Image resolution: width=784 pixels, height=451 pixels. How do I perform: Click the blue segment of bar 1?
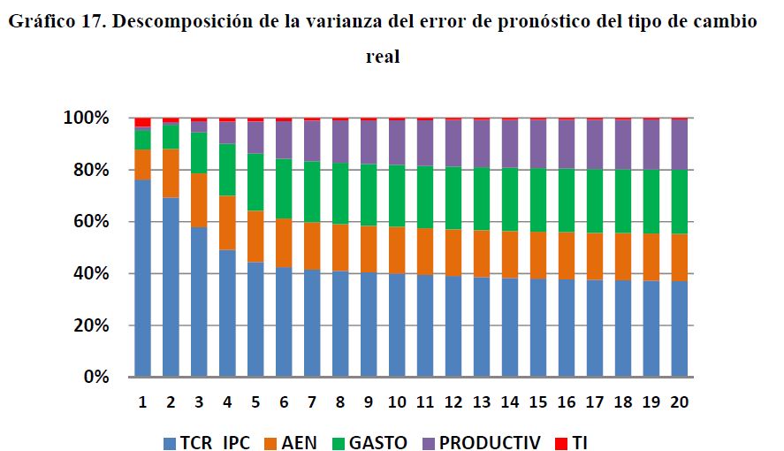[141, 279]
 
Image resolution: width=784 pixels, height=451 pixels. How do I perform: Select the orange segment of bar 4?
[227, 222]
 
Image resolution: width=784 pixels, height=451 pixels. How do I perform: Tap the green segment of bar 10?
[398, 195]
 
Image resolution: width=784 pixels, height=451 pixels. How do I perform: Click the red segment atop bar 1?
[141, 122]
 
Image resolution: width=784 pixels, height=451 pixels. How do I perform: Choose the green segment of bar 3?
[199, 153]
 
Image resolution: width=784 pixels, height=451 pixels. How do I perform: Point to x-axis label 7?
[313, 401]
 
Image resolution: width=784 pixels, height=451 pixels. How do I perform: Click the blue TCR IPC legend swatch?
[171, 441]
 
